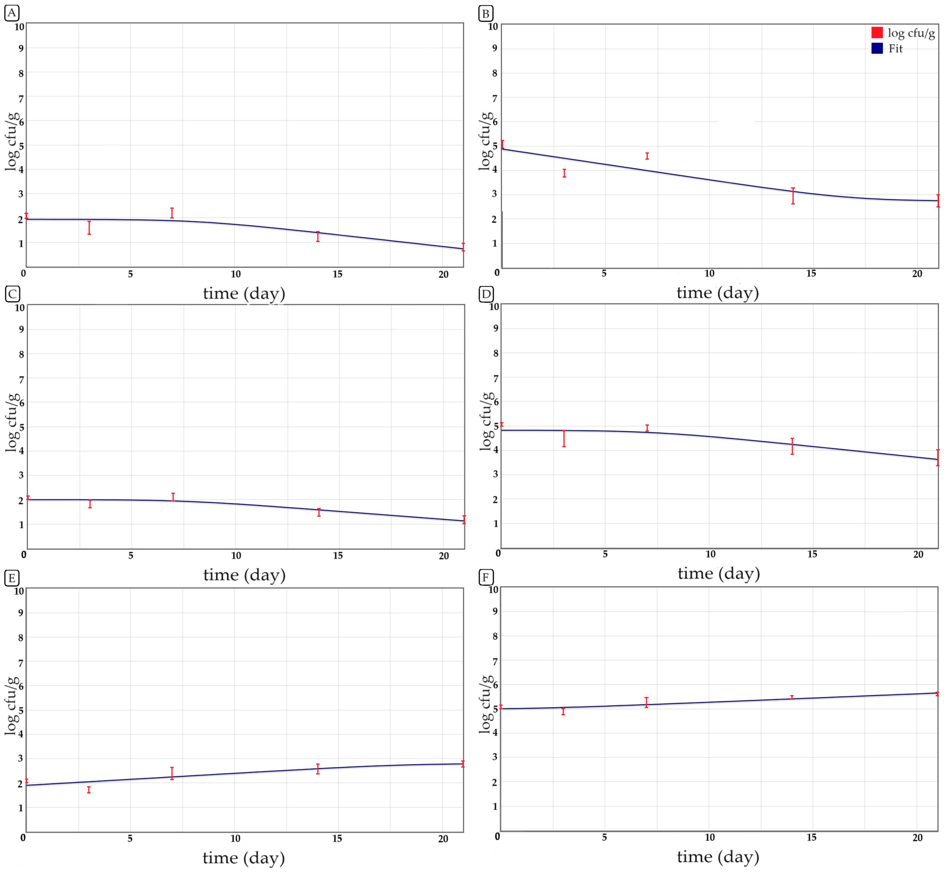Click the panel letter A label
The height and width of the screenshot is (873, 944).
pos(12,13)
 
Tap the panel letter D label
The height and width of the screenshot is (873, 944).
pos(486,294)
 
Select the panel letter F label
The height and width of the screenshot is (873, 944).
pos(486,577)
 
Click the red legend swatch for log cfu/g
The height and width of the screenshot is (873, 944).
pos(877,33)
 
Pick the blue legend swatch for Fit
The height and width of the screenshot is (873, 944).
pos(877,48)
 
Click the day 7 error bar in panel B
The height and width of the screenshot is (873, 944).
pos(647,156)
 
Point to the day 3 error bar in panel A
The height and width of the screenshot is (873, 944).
pos(89,228)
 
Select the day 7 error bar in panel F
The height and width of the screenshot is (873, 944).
pos(646,702)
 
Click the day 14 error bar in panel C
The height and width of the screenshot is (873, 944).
pos(319,512)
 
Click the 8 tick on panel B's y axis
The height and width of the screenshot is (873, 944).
pos(494,73)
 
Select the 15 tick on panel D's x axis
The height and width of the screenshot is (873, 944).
pos(812,554)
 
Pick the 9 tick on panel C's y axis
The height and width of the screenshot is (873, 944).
pos(21,329)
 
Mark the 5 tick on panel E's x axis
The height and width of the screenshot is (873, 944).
pos(130,838)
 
